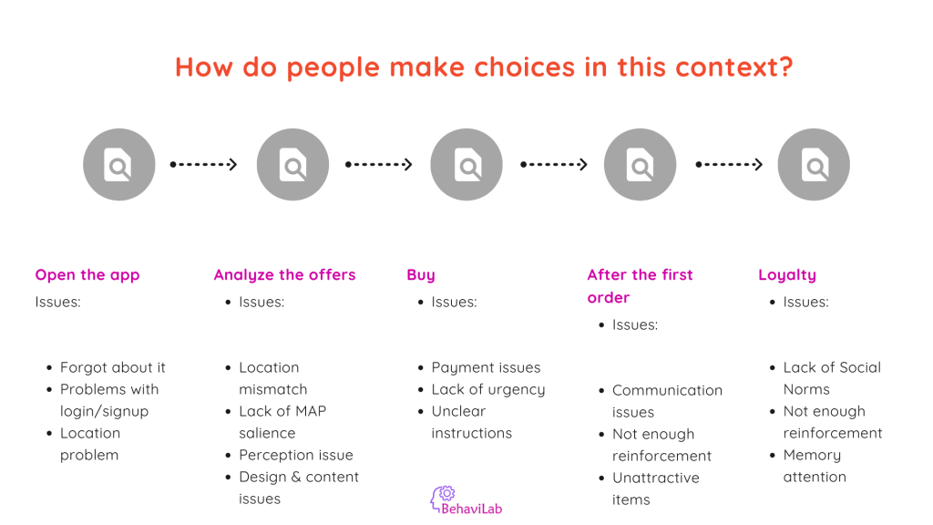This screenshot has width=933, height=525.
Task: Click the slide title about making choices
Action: point(484,67)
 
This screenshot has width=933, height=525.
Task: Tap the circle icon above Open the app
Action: point(119,164)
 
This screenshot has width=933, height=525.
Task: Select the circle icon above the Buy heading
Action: point(466,164)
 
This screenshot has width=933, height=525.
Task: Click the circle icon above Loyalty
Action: point(814,164)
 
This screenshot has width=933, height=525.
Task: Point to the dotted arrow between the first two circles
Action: point(203,164)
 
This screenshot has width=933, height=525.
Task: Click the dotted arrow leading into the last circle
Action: point(730,164)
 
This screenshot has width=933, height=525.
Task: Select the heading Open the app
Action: point(87,275)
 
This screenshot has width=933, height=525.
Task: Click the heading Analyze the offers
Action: point(284,275)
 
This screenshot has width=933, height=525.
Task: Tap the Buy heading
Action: point(421,275)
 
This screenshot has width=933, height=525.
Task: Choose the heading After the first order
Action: point(640,285)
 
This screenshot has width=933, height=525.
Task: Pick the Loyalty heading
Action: point(787,275)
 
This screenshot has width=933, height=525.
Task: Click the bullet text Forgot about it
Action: point(112,368)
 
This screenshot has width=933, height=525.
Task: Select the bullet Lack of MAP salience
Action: point(282,422)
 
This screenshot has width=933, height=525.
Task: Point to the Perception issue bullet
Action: point(296,456)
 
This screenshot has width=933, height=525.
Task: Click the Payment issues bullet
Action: point(487,368)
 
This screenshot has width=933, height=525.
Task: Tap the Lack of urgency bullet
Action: point(488,390)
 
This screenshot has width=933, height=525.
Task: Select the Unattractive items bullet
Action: point(656,489)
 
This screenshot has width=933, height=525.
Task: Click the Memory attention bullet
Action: point(815,466)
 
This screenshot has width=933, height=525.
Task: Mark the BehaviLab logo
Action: point(466,499)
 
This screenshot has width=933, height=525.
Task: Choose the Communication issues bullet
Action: point(667,401)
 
